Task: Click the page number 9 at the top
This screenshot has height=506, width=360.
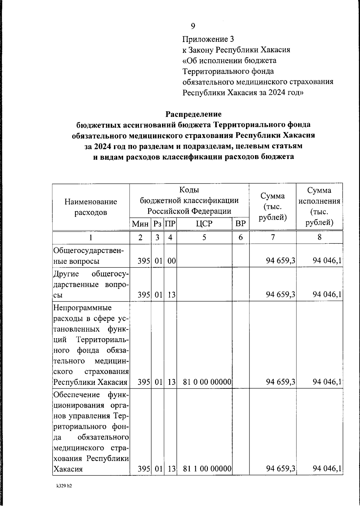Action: [193, 26]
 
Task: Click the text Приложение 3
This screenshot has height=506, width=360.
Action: [208, 39]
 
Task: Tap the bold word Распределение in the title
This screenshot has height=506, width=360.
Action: [193, 114]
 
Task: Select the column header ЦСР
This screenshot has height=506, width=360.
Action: [204, 224]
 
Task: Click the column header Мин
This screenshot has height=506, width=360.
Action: [140, 224]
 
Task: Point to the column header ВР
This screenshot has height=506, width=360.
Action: [240, 224]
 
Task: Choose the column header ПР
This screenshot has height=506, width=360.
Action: [170, 224]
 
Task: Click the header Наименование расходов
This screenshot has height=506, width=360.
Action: [91, 207]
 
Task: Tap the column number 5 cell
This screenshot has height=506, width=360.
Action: [204, 237]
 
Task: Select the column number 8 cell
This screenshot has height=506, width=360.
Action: [319, 237]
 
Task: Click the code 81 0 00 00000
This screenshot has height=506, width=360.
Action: [207, 382]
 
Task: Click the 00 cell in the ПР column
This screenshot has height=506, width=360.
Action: [171, 261]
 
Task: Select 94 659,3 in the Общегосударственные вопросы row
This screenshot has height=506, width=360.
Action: [280, 261]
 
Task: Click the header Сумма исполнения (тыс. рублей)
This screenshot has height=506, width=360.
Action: [319, 206]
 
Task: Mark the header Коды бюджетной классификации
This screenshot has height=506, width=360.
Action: [189, 200]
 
